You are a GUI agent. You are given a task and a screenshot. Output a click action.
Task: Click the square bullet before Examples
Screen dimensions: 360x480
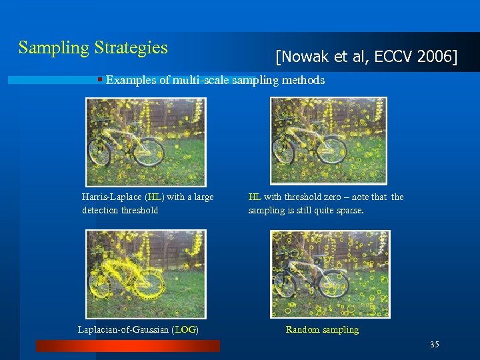tap(99, 80)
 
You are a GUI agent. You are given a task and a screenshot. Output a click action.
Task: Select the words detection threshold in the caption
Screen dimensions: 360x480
tap(120, 211)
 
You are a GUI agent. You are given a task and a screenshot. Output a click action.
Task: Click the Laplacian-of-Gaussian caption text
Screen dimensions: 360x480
tap(123, 329)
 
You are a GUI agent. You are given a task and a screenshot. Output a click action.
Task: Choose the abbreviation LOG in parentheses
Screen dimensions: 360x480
tap(186, 329)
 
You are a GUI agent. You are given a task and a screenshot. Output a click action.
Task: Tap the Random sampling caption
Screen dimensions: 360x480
tap(322, 329)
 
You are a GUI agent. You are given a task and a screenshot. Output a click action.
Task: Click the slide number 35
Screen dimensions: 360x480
tap(435, 345)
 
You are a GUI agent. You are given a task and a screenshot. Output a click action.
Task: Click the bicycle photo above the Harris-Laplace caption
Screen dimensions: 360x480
tap(146, 142)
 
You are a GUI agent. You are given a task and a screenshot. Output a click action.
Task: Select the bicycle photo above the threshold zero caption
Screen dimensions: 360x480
tap(328, 141)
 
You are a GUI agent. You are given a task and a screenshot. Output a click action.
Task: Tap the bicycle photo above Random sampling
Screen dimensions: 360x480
tap(329, 274)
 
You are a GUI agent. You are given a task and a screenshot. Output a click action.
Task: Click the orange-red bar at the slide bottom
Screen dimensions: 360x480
tap(127, 345)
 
